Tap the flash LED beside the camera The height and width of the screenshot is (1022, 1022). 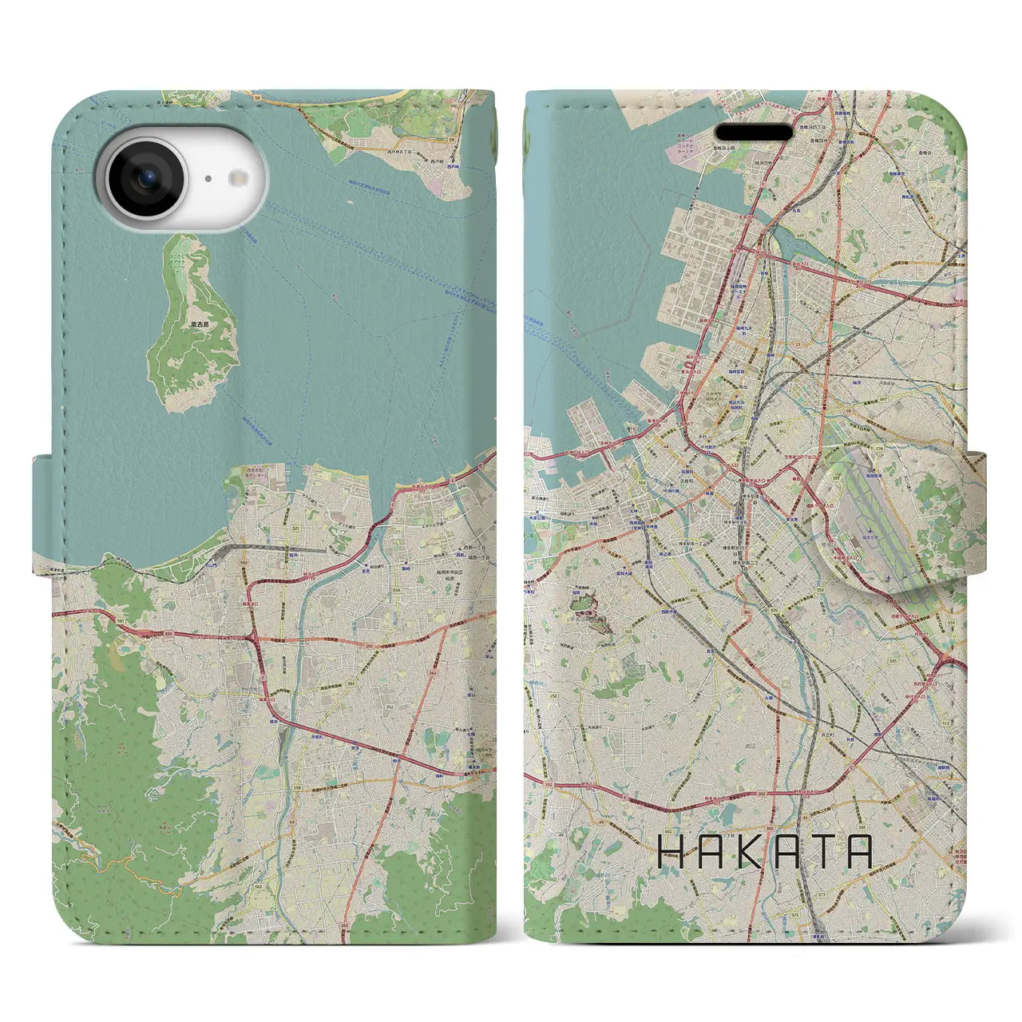click(x=237, y=179)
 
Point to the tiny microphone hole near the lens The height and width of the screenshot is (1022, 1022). click(x=208, y=180)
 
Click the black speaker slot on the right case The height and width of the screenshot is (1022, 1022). click(x=754, y=132)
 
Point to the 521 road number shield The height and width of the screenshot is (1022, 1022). click(x=317, y=529)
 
